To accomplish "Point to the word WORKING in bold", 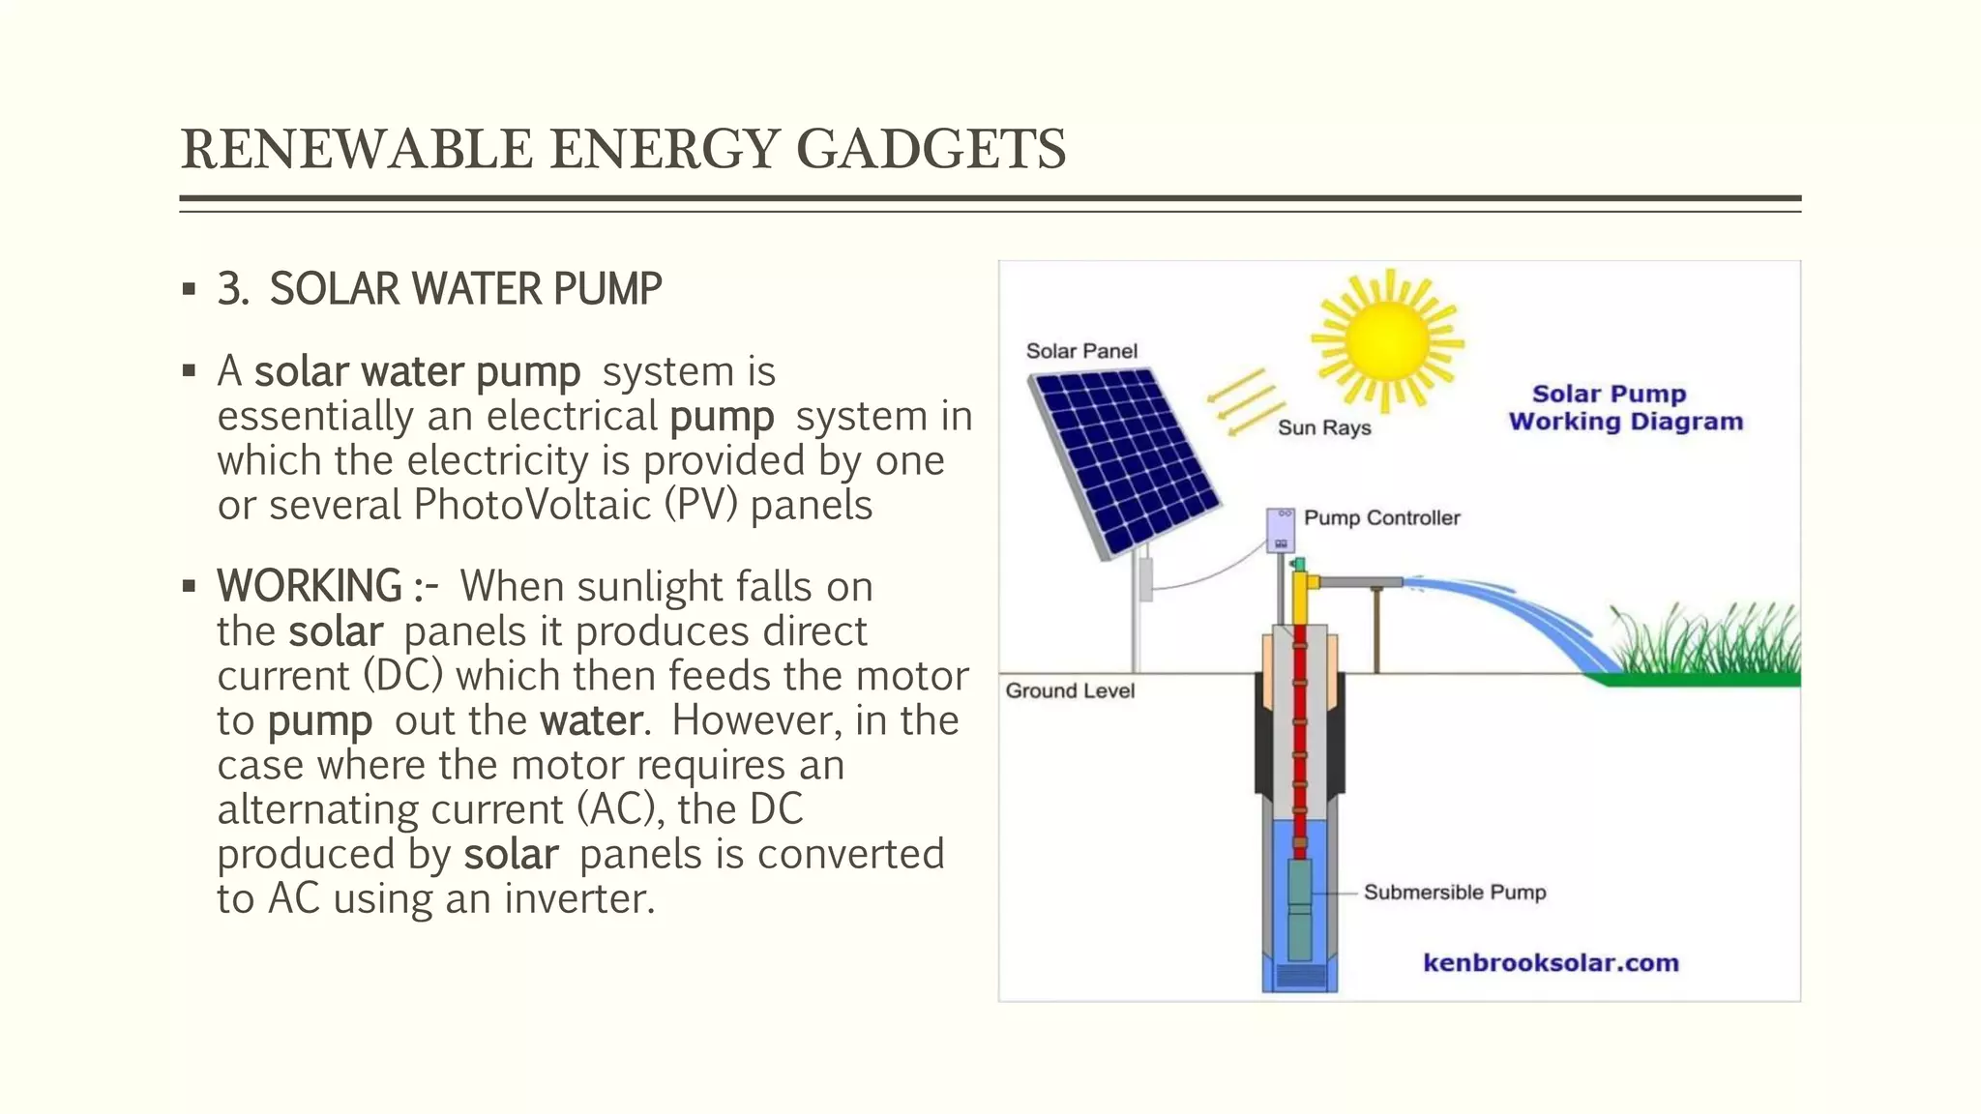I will coord(309,586).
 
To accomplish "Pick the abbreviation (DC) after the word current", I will coord(403,676).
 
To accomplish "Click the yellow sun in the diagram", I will coord(1386,340).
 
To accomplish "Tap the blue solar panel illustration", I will coord(1124,460).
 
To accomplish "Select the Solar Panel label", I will coord(1080,351).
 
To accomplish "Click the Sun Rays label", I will coord(1323,427).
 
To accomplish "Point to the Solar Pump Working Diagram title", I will coord(1624,408).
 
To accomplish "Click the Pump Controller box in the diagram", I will coord(1281,530).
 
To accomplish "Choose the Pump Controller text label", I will coord(1381,518).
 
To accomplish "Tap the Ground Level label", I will coord(1069,690).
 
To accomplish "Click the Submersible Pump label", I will coord(1454,892).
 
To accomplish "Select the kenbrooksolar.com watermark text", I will coord(1550,963).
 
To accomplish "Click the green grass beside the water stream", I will coord(1707,646).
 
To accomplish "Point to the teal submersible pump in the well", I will coord(1299,909).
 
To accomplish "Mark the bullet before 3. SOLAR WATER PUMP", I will coord(189,289).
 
